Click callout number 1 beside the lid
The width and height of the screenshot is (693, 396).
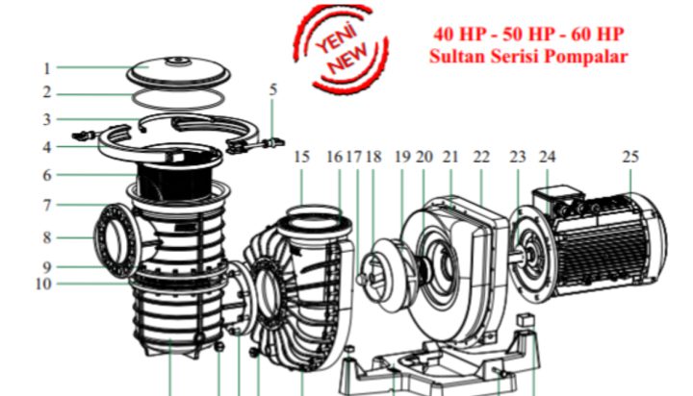(47, 68)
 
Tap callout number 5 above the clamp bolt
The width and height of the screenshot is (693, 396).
(273, 89)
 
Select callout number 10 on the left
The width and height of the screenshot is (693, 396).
(43, 284)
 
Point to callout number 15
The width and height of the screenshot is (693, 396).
(301, 157)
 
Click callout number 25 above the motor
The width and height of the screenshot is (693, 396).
(630, 157)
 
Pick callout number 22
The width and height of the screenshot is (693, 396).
(481, 157)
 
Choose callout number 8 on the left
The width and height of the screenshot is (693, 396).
(47, 238)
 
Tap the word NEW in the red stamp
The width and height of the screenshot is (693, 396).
(349, 59)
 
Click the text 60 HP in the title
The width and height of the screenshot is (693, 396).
(598, 34)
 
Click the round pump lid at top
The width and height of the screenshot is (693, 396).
(179, 72)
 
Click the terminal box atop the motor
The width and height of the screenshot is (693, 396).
(556, 196)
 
